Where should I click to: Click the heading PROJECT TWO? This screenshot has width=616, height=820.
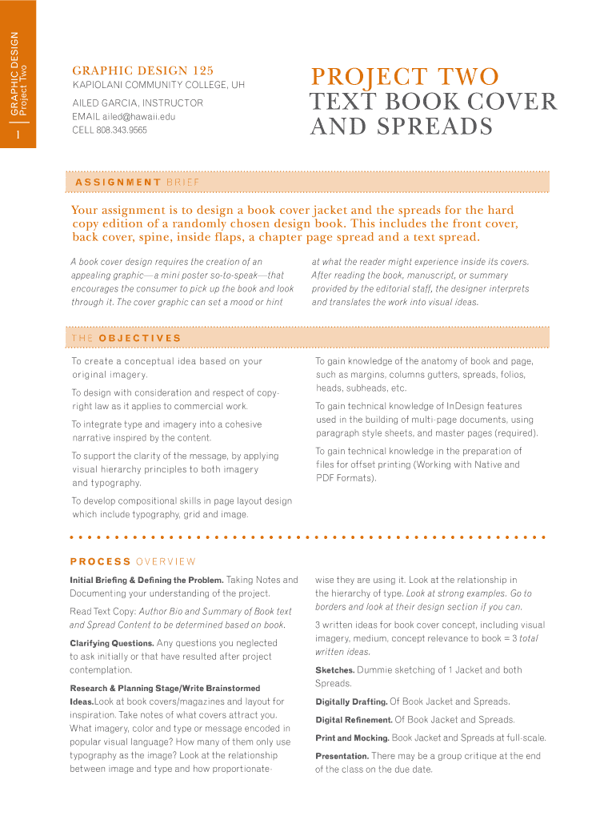point(405,77)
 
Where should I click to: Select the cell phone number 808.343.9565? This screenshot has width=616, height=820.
point(122,130)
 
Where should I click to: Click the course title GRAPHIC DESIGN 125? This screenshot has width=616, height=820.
point(142,70)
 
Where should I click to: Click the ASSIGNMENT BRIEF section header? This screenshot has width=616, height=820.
point(137,183)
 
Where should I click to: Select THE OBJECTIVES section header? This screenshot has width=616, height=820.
point(126,338)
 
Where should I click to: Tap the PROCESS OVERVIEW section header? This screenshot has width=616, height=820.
point(132,561)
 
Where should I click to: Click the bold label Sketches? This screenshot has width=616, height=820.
point(334,670)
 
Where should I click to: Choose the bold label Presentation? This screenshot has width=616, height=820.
point(342,756)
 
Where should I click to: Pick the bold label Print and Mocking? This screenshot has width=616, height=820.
point(352,738)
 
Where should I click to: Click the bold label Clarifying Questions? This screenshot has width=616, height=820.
point(111,643)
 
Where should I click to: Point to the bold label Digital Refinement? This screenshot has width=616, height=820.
point(354,720)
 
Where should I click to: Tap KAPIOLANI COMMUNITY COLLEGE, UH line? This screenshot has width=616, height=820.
point(158,85)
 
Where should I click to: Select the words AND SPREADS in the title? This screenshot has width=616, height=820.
point(401,127)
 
